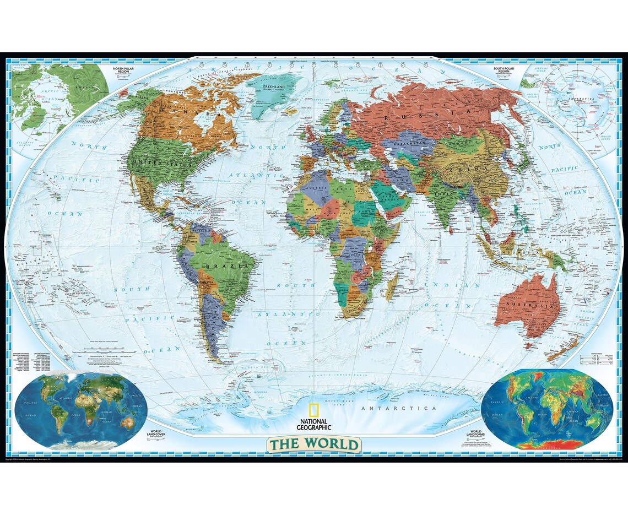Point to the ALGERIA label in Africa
(307, 188)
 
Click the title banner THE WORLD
(314, 443)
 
